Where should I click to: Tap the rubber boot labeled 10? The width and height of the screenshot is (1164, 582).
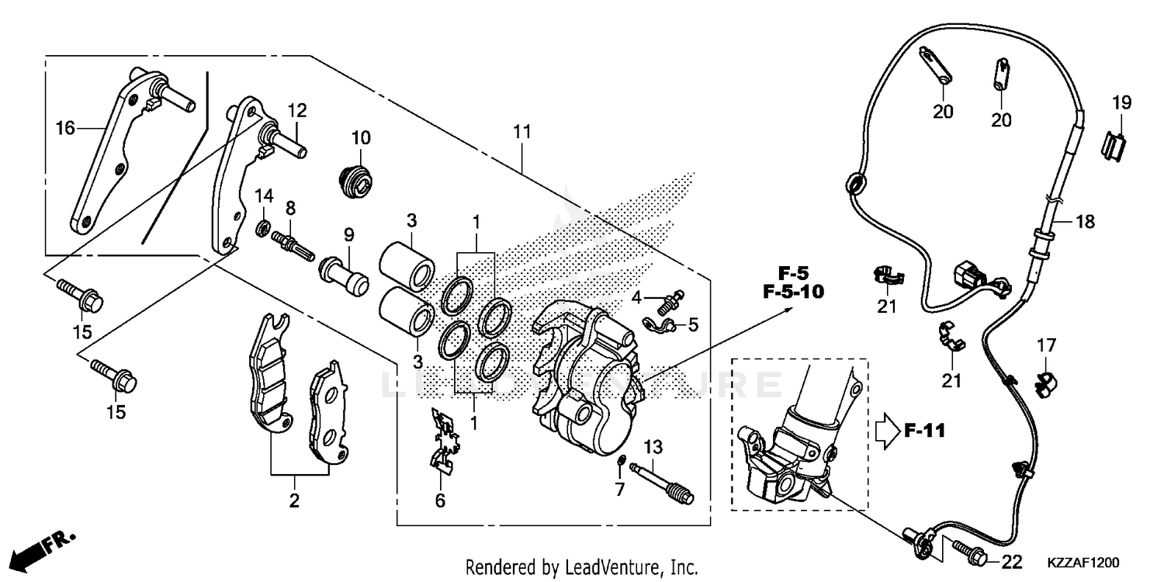pos(358,178)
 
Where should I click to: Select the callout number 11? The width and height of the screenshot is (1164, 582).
pos(521,133)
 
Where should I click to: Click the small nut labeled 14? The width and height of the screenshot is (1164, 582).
pos(264,228)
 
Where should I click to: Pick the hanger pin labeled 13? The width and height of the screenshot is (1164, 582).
pos(620,464)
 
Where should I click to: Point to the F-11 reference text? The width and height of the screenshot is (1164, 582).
pos(925,431)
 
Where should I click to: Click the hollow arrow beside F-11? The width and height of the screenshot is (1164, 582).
pos(886,431)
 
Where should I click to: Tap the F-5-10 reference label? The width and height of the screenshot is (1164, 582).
pos(792,293)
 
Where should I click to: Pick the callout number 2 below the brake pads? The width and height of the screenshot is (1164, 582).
pos(294,501)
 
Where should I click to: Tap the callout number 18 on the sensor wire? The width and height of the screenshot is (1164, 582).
pos(1085,222)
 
